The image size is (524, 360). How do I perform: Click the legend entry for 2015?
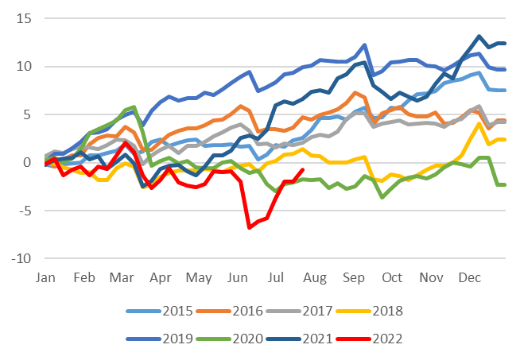160,312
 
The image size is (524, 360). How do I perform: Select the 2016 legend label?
230,312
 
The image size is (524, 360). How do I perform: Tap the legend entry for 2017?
300,312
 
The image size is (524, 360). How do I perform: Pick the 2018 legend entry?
370,312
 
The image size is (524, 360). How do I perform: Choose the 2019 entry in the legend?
160,339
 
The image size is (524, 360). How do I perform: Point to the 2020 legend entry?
230,339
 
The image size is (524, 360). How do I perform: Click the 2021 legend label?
300,339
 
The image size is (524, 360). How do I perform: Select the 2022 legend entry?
370,339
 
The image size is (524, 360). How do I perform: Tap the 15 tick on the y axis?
24,19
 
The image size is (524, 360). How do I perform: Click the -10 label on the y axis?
21,258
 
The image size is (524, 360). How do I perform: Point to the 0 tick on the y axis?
27,163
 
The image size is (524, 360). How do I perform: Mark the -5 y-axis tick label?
24,211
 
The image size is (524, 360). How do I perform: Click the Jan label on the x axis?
45,277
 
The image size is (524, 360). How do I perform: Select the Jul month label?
276,277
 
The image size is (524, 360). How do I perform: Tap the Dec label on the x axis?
469,277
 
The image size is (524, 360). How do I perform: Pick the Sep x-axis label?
354,277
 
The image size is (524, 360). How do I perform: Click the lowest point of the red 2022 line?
250,228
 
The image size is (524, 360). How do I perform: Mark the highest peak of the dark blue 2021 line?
479,36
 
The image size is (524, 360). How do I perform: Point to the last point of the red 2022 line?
303,169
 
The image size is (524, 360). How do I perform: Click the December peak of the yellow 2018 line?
479,124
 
